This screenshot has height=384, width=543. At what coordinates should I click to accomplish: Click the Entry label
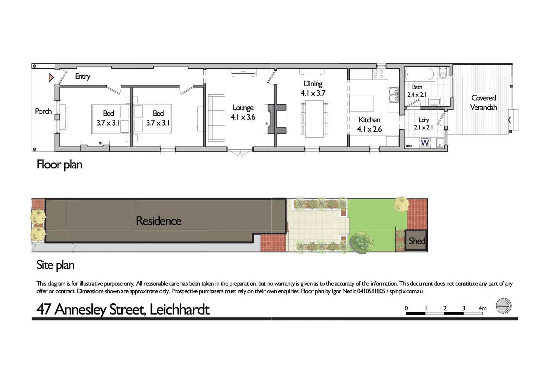pos(83,76)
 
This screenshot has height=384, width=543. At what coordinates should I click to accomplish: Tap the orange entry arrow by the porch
pos(51,78)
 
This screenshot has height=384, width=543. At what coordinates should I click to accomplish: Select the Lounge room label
pos(243,108)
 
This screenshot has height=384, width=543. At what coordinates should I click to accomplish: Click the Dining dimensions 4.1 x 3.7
pos(313,93)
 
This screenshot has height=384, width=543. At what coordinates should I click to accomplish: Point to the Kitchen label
pos(369,120)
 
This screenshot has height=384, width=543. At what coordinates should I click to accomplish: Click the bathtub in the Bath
pos(420,74)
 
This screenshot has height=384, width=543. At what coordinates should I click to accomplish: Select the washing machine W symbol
pos(425,143)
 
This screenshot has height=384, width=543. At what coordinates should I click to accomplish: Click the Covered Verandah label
pos(484,103)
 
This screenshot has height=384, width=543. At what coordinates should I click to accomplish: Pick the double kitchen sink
pos(393,95)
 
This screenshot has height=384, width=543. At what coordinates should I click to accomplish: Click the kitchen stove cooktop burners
pos(378,74)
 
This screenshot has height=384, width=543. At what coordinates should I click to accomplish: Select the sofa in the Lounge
pos(216,118)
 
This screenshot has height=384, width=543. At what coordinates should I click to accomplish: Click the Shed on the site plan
pos(417,241)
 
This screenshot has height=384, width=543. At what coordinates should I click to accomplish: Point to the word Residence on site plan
pos(159,221)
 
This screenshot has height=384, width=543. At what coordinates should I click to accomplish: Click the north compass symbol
pos(504,306)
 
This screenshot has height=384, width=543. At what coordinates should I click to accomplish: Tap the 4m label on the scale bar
pos(482,308)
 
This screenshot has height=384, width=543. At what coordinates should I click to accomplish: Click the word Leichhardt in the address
pos(180,310)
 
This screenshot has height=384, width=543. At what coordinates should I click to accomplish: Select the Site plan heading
pos(55,265)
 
